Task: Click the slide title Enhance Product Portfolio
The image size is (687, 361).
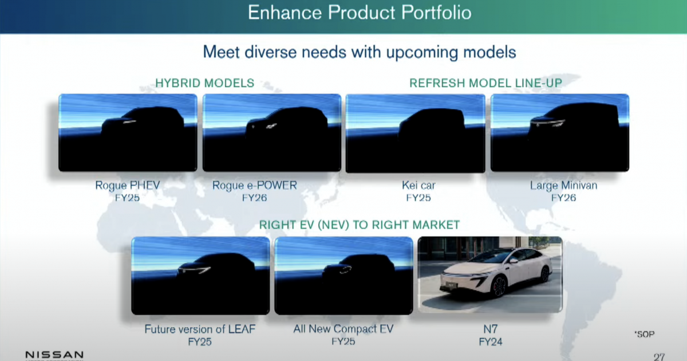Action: tap(360, 13)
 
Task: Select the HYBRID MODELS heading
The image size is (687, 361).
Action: tap(205, 83)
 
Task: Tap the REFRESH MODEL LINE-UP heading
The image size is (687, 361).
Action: tap(486, 83)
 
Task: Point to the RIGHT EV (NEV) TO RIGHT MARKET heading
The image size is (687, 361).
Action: tap(360, 225)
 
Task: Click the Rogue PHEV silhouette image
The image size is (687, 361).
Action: tap(128, 132)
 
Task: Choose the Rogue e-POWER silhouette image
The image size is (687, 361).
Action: tap(272, 132)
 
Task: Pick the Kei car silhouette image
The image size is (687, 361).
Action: tap(416, 133)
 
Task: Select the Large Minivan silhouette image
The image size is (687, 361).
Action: tap(560, 132)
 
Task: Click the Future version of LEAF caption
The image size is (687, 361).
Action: tap(200, 329)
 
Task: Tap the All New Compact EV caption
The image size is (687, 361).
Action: tap(343, 329)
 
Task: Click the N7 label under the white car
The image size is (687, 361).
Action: tap(491, 329)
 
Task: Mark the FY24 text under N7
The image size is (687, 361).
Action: tap(491, 342)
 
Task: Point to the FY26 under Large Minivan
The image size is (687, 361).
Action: tap(563, 197)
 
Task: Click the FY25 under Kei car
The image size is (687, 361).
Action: tap(418, 197)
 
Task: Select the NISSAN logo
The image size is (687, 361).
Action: tap(54, 355)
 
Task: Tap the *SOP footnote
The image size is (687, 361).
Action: tap(645, 334)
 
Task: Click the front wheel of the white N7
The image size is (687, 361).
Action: tap(499, 287)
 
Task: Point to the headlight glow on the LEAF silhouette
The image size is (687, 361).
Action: tap(194, 270)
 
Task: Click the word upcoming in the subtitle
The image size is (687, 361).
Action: tap(422, 52)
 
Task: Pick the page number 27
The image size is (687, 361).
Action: tap(659, 357)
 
